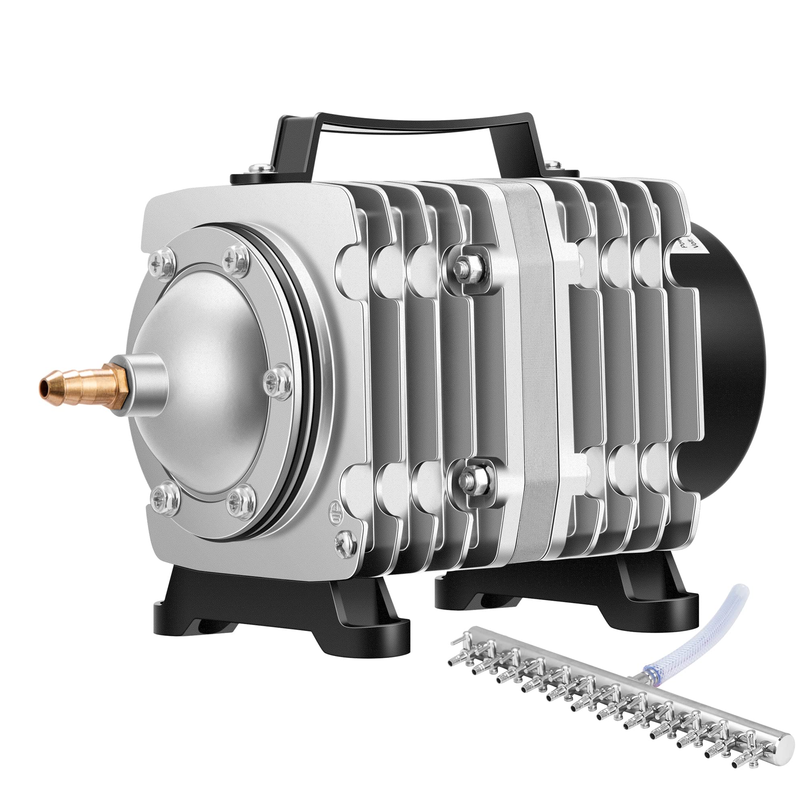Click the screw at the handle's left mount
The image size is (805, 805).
[x=255, y=169]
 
